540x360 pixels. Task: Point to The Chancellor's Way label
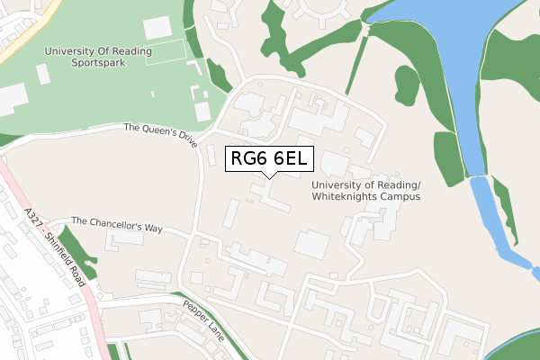(116, 225)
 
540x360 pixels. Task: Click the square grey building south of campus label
(311, 244)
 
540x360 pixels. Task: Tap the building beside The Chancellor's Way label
(124, 240)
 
